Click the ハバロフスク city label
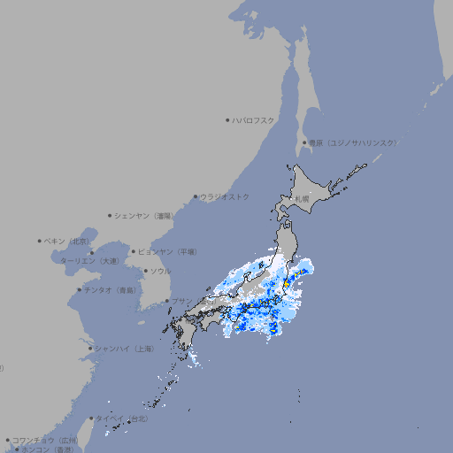[254, 119]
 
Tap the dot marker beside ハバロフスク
[227, 119]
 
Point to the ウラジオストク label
[225, 196]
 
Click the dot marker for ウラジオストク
[196, 196]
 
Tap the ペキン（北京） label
[67, 241]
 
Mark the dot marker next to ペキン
[40, 241]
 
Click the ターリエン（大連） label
[89, 261]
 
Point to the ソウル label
[160, 271]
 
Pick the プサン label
[181, 301]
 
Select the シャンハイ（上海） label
[124, 349]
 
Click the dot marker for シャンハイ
[90, 349]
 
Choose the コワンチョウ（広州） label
[45, 440]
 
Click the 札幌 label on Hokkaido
[303, 199]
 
